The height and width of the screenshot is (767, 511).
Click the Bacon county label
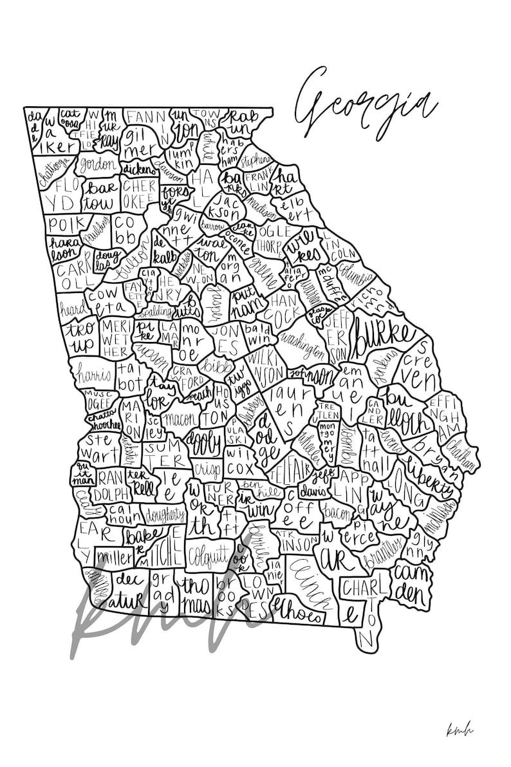[338, 513]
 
